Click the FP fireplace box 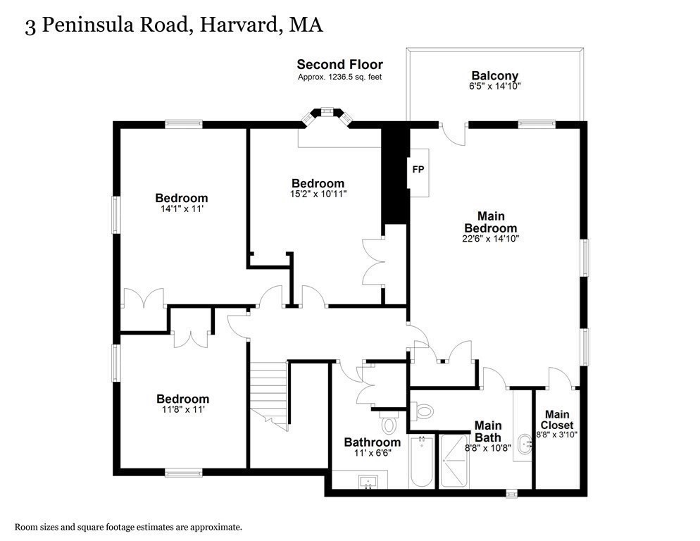pyautogui.click(x=418, y=170)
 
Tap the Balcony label pyautogui.click(x=494, y=76)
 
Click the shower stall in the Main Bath pyautogui.click(x=454, y=462)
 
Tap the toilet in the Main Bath pyautogui.click(x=425, y=410)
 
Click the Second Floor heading pyautogui.click(x=339, y=65)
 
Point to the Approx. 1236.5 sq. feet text pyautogui.click(x=339, y=77)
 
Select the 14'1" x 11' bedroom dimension pyautogui.click(x=181, y=209)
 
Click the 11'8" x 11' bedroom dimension pyautogui.click(x=182, y=409)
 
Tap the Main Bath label pyautogui.click(x=487, y=431)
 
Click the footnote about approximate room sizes pyautogui.click(x=129, y=526)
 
